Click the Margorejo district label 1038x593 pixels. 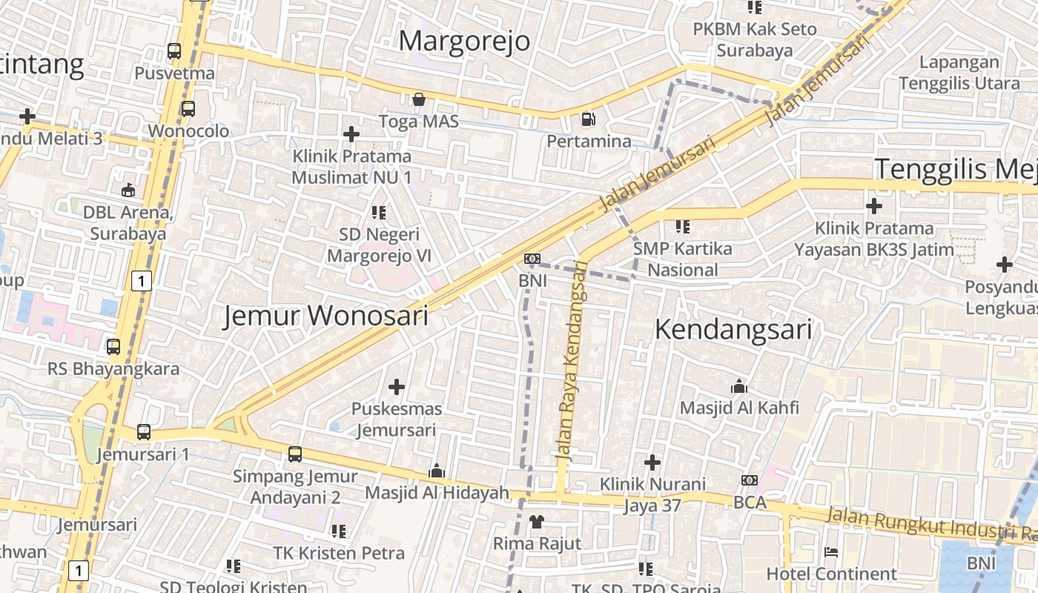pos(464,41)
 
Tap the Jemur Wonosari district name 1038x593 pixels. pos(326,316)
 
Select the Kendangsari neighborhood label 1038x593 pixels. pos(733,330)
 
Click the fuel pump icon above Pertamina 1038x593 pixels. pos(588,119)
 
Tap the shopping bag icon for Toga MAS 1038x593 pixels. pos(419,99)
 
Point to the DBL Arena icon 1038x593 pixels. pos(128,191)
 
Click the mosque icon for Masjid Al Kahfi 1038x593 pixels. pos(738,386)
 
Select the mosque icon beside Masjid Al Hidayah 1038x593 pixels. pos(437,471)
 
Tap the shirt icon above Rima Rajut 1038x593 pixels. pos(537,521)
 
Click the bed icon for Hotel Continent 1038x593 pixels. pos(831,552)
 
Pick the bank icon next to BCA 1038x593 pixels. pos(749,481)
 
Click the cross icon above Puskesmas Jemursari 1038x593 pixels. pos(397,386)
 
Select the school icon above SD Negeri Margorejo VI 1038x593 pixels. pos(379,213)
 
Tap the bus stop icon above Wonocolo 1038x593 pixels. pos(188,109)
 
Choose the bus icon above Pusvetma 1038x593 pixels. pos(174,51)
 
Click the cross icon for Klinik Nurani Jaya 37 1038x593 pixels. pos(652,463)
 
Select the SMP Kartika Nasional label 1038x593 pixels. pos(682,259)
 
